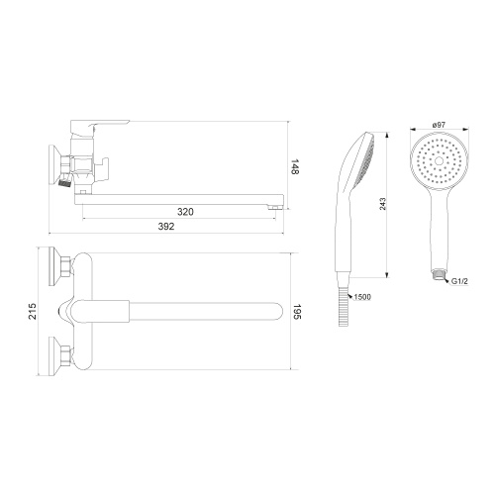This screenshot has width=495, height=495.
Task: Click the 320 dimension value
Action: [185, 212]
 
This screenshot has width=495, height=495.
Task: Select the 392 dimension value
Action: [166, 227]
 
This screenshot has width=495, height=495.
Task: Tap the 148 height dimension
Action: [295, 167]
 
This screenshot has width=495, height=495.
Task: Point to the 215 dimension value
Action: [33, 311]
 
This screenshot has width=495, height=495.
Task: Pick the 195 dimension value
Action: [297, 312]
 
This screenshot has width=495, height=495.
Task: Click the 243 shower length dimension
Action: [382, 204]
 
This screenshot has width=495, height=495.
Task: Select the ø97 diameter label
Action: [439, 125]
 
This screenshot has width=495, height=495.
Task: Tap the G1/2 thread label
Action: [459, 281]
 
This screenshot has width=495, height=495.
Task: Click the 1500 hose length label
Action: [362, 297]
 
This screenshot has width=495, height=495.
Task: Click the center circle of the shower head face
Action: [440, 161]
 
